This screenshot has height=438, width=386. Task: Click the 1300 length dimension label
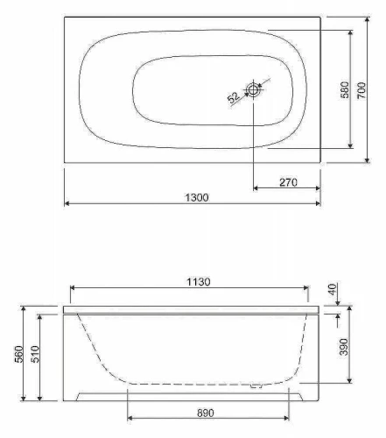(x=197, y=198)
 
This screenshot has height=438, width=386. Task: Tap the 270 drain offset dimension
(x=288, y=182)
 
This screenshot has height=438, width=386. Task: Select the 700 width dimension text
(x=361, y=90)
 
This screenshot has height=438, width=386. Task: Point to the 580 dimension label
(x=345, y=90)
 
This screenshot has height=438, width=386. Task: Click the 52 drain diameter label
(x=234, y=97)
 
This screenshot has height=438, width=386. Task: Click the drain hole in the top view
(x=253, y=90)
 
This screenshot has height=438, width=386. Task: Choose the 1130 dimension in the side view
(x=199, y=282)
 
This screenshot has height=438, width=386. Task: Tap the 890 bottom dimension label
(x=206, y=413)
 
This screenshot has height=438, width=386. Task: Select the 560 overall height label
(x=18, y=354)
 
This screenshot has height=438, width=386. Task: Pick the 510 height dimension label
(x=35, y=354)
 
